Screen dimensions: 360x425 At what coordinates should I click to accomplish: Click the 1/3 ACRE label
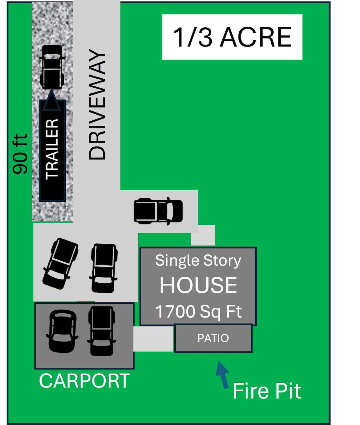click(x=232, y=37)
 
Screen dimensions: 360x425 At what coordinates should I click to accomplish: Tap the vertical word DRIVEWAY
click(x=97, y=104)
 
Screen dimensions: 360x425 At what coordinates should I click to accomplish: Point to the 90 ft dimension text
click(x=20, y=154)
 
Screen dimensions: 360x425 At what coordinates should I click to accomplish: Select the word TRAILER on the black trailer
click(x=52, y=149)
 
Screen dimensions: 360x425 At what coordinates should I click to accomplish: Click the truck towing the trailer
click(x=52, y=67)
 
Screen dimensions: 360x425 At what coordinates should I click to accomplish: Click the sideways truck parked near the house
click(x=158, y=211)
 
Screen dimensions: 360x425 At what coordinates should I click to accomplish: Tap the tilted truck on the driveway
click(x=60, y=264)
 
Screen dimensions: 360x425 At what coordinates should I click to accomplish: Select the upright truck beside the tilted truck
click(x=103, y=268)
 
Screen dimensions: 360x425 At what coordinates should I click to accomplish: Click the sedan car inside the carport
click(x=62, y=331)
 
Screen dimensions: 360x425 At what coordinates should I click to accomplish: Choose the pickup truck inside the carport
click(x=101, y=331)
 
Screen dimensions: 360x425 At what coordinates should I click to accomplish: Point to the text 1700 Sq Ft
click(x=198, y=312)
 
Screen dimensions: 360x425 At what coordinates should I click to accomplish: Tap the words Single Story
click(x=198, y=261)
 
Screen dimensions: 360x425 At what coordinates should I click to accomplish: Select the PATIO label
click(x=213, y=338)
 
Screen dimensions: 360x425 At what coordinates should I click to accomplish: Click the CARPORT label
click(x=84, y=381)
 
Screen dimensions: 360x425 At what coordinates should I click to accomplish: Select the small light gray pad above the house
click(x=203, y=235)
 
